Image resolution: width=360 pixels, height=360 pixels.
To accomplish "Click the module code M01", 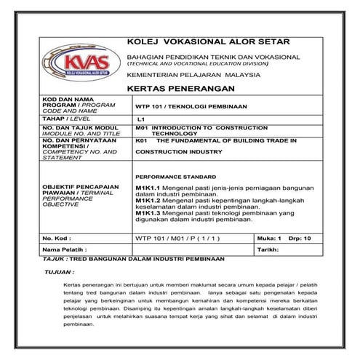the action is [142, 127].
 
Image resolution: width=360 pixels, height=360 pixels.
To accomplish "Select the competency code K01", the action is [142, 140].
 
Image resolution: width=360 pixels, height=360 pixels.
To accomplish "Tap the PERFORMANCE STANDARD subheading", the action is [175, 177].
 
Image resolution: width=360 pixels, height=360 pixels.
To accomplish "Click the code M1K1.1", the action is [148, 187].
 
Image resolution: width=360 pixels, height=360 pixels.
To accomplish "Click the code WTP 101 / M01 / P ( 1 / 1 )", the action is [172, 238].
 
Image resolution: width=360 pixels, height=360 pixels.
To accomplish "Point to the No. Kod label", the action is [57, 238].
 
